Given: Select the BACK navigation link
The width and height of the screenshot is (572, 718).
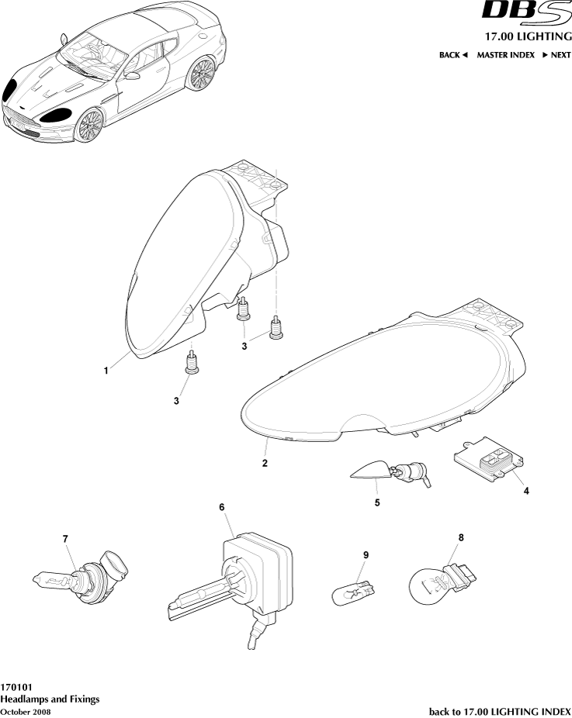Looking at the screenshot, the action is (x=452, y=55).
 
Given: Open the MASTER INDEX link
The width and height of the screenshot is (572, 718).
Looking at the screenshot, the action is (x=505, y=55).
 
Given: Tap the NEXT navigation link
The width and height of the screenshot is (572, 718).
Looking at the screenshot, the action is (x=557, y=55).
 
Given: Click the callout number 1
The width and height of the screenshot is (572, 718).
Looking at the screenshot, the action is (x=106, y=371).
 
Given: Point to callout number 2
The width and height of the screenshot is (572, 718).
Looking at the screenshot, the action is (x=265, y=463).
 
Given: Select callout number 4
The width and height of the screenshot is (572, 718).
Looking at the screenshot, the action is (x=526, y=491).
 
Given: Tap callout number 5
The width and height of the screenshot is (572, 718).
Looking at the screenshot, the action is (x=377, y=502).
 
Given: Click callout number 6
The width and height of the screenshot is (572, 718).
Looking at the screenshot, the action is (x=222, y=507).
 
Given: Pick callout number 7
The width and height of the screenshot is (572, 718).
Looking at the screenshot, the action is (x=65, y=539).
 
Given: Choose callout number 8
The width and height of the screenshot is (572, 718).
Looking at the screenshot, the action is (x=461, y=537).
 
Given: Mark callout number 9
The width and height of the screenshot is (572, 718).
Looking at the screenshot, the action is (x=366, y=555).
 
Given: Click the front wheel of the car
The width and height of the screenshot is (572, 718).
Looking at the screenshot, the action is (x=89, y=126).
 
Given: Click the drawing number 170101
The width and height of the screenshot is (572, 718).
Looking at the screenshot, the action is (x=16, y=687).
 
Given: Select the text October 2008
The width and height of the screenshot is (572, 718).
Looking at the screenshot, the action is (x=26, y=712).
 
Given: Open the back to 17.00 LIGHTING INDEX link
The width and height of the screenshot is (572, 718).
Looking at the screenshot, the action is (x=500, y=712).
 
